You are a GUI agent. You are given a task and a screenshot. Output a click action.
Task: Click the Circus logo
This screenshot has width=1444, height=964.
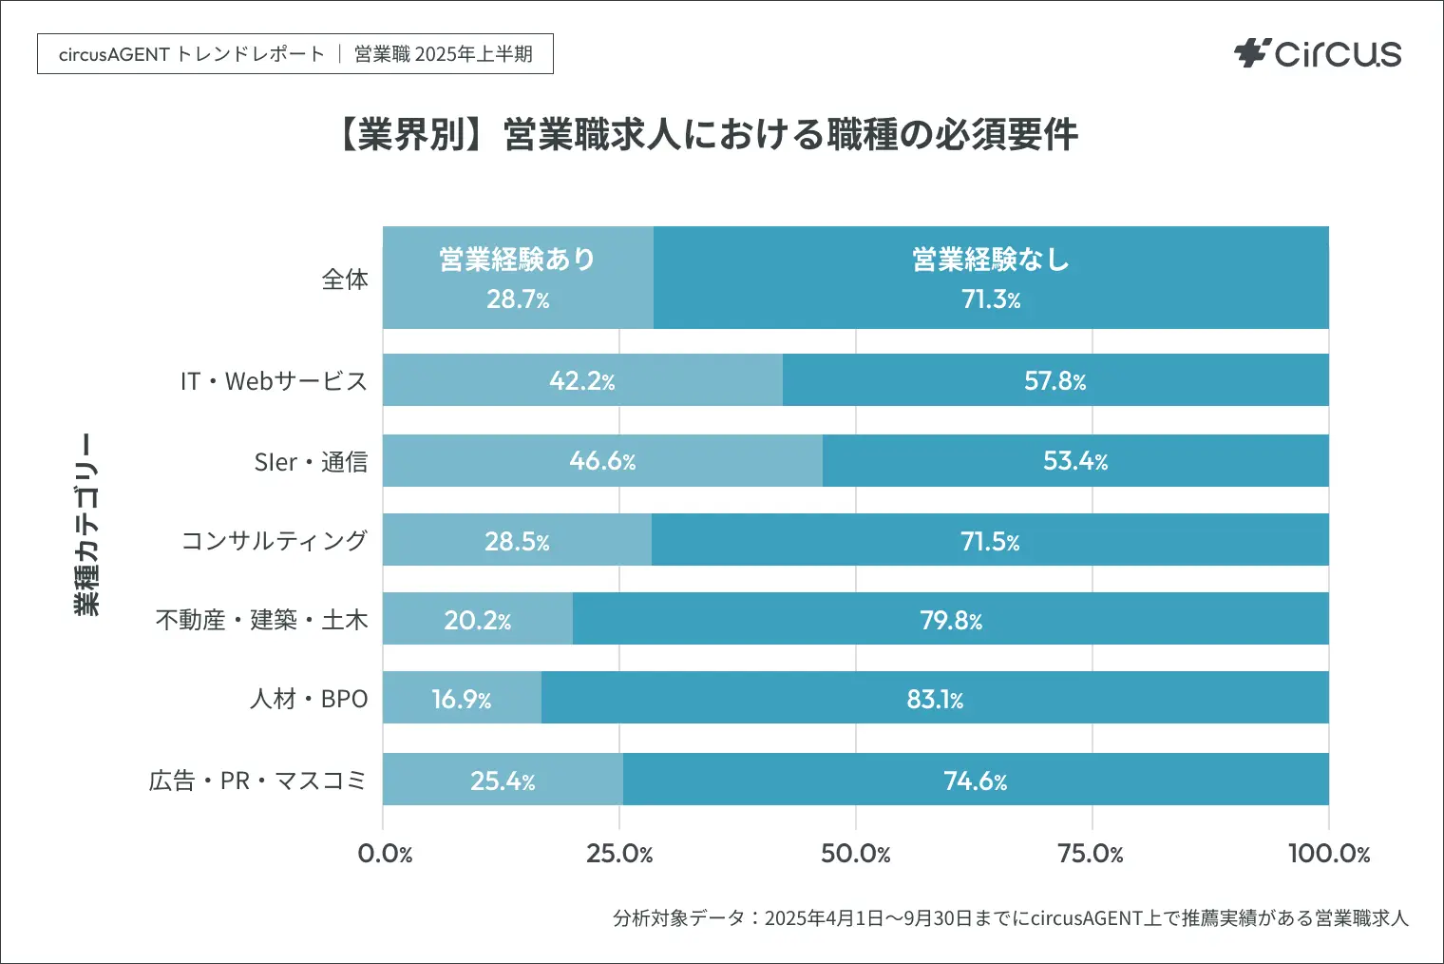click(1318, 53)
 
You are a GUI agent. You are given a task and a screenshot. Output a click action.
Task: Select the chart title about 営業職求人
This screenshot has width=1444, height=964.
click(708, 135)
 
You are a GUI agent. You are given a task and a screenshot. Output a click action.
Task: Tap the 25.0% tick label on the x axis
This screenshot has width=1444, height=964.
click(619, 854)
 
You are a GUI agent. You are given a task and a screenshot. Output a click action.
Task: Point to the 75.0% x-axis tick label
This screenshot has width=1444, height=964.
click(1091, 854)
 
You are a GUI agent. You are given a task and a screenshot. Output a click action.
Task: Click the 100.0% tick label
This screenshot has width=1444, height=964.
click(1328, 854)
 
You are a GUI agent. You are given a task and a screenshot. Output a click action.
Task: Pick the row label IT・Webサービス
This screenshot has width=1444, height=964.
click(274, 381)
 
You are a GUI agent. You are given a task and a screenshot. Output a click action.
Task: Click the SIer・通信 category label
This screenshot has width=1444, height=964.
click(311, 462)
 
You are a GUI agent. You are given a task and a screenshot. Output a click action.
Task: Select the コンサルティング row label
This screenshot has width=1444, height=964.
click(275, 541)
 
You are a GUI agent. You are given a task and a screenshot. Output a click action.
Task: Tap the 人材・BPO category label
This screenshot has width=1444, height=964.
click(309, 699)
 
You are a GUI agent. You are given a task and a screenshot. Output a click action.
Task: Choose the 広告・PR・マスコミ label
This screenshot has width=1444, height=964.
click(257, 781)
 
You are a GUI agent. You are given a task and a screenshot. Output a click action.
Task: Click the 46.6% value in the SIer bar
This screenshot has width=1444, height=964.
click(602, 461)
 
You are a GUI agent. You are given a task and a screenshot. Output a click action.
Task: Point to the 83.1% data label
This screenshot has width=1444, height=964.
click(935, 700)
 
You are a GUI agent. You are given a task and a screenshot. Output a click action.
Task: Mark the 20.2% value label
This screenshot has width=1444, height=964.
click(477, 621)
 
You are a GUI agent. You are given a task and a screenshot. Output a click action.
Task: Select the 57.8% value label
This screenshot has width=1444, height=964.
click(1054, 381)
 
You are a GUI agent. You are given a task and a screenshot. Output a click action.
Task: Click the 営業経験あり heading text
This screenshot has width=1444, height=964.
click(517, 260)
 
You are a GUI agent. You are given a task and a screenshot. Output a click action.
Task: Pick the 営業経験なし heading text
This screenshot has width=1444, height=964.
click(991, 260)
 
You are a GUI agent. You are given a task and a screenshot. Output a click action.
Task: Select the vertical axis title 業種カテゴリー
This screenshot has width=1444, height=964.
click(86, 524)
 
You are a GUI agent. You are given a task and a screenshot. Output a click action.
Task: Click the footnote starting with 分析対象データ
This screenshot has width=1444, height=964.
click(1010, 918)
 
